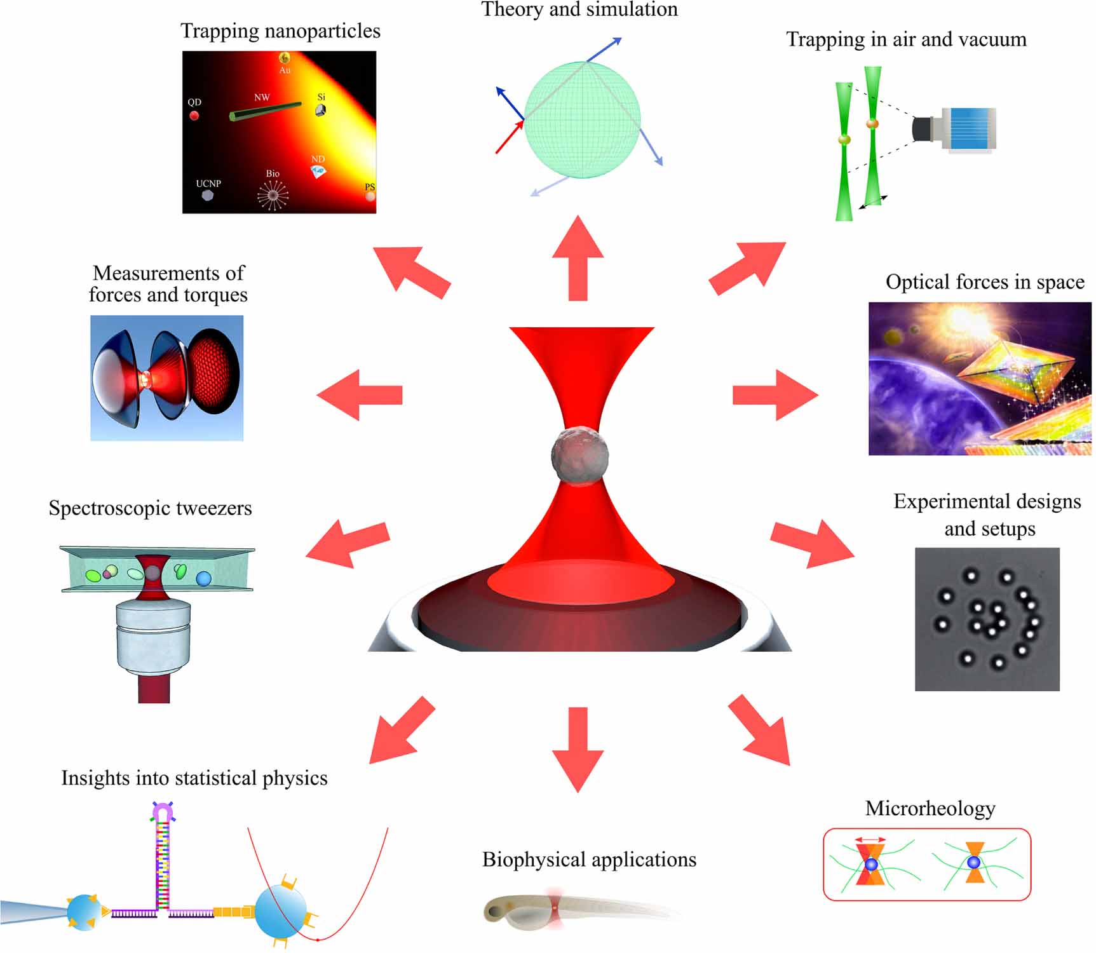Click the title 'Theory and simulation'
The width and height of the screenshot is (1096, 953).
(579, 10)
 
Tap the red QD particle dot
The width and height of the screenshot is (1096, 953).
(194, 116)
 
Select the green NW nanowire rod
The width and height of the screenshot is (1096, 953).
(266, 111)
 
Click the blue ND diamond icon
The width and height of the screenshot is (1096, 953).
(318, 171)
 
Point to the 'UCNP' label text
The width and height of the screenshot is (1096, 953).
(208, 184)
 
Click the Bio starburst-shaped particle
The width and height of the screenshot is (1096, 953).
(273, 195)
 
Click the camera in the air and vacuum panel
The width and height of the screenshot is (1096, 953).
(955, 130)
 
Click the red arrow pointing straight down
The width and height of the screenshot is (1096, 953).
(578, 750)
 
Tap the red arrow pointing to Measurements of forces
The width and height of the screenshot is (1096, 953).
(360, 395)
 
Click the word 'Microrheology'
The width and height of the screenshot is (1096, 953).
(930, 808)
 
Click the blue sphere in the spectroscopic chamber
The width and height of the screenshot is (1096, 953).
(203, 579)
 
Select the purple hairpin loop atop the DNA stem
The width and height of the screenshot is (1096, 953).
(163, 811)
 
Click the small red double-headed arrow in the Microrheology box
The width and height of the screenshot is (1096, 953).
(870, 840)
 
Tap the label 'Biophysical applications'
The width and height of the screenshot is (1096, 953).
(589, 860)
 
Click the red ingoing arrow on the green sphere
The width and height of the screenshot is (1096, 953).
(510, 137)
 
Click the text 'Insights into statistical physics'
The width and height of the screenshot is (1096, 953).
(194, 778)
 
